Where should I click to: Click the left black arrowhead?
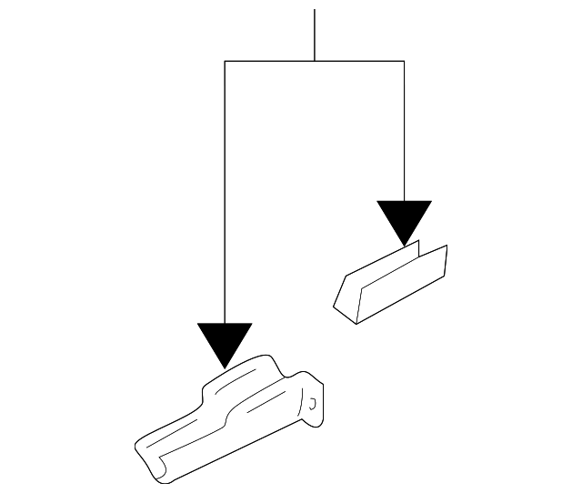click(x=225, y=340)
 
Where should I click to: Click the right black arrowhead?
click(x=405, y=219)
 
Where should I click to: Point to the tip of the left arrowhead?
click(x=225, y=367)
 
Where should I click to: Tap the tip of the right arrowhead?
click(x=405, y=246)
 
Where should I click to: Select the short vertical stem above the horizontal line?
click(x=315, y=35)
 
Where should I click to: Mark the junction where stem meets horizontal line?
click(x=315, y=61)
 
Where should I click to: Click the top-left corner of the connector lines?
click(x=225, y=61)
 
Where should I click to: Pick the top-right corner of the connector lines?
click(x=404, y=61)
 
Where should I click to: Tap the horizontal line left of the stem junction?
click(x=269, y=61)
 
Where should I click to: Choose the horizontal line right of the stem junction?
click(x=359, y=61)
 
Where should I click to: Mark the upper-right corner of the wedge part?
click(x=447, y=246)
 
